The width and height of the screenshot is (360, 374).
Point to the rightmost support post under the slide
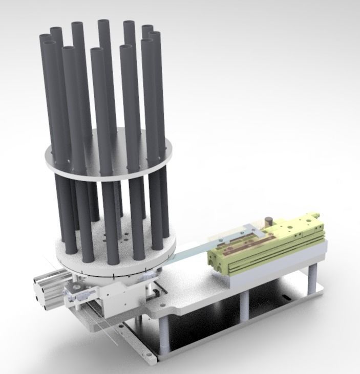(311, 279)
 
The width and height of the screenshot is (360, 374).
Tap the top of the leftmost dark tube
(45, 37)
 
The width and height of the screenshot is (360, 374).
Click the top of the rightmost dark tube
(154, 34)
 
